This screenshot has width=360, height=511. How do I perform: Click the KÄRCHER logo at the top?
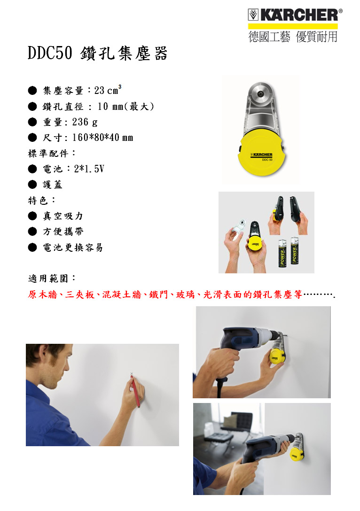tap(295, 15)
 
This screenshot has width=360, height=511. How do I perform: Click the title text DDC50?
tap(50, 53)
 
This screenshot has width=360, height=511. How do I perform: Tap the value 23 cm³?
tap(108, 90)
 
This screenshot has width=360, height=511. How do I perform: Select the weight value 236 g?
tap(85, 122)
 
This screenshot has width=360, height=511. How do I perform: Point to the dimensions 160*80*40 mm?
tap(103, 138)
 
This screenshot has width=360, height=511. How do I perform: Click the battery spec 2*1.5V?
tap(89, 169)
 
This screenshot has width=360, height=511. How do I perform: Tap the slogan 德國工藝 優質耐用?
tap(293, 37)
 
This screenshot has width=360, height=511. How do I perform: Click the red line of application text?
tap(181, 294)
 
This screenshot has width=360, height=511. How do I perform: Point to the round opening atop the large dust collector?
tap(260, 94)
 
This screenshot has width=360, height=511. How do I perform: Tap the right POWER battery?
tap(295, 251)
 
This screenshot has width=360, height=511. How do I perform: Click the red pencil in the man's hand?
tap(135, 391)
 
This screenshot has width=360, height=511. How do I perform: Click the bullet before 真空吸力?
tap(32, 216)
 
